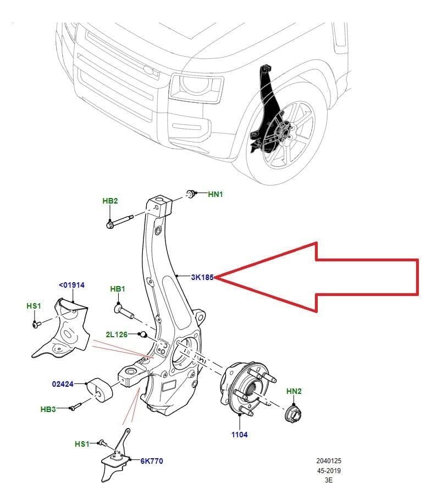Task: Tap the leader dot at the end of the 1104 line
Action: (x=240, y=415)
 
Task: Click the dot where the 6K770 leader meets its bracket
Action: (x=130, y=460)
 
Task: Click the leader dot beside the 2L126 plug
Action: (x=139, y=334)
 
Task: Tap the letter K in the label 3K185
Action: (x=198, y=277)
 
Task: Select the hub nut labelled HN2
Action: (x=293, y=414)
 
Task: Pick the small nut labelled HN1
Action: (x=191, y=194)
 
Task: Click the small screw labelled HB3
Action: (x=75, y=407)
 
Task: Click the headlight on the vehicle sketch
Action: (x=196, y=88)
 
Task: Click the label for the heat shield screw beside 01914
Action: (x=34, y=306)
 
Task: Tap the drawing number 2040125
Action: (x=328, y=461)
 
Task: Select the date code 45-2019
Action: (x=329, y=471)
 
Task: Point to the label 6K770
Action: (x=152, y=461)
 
